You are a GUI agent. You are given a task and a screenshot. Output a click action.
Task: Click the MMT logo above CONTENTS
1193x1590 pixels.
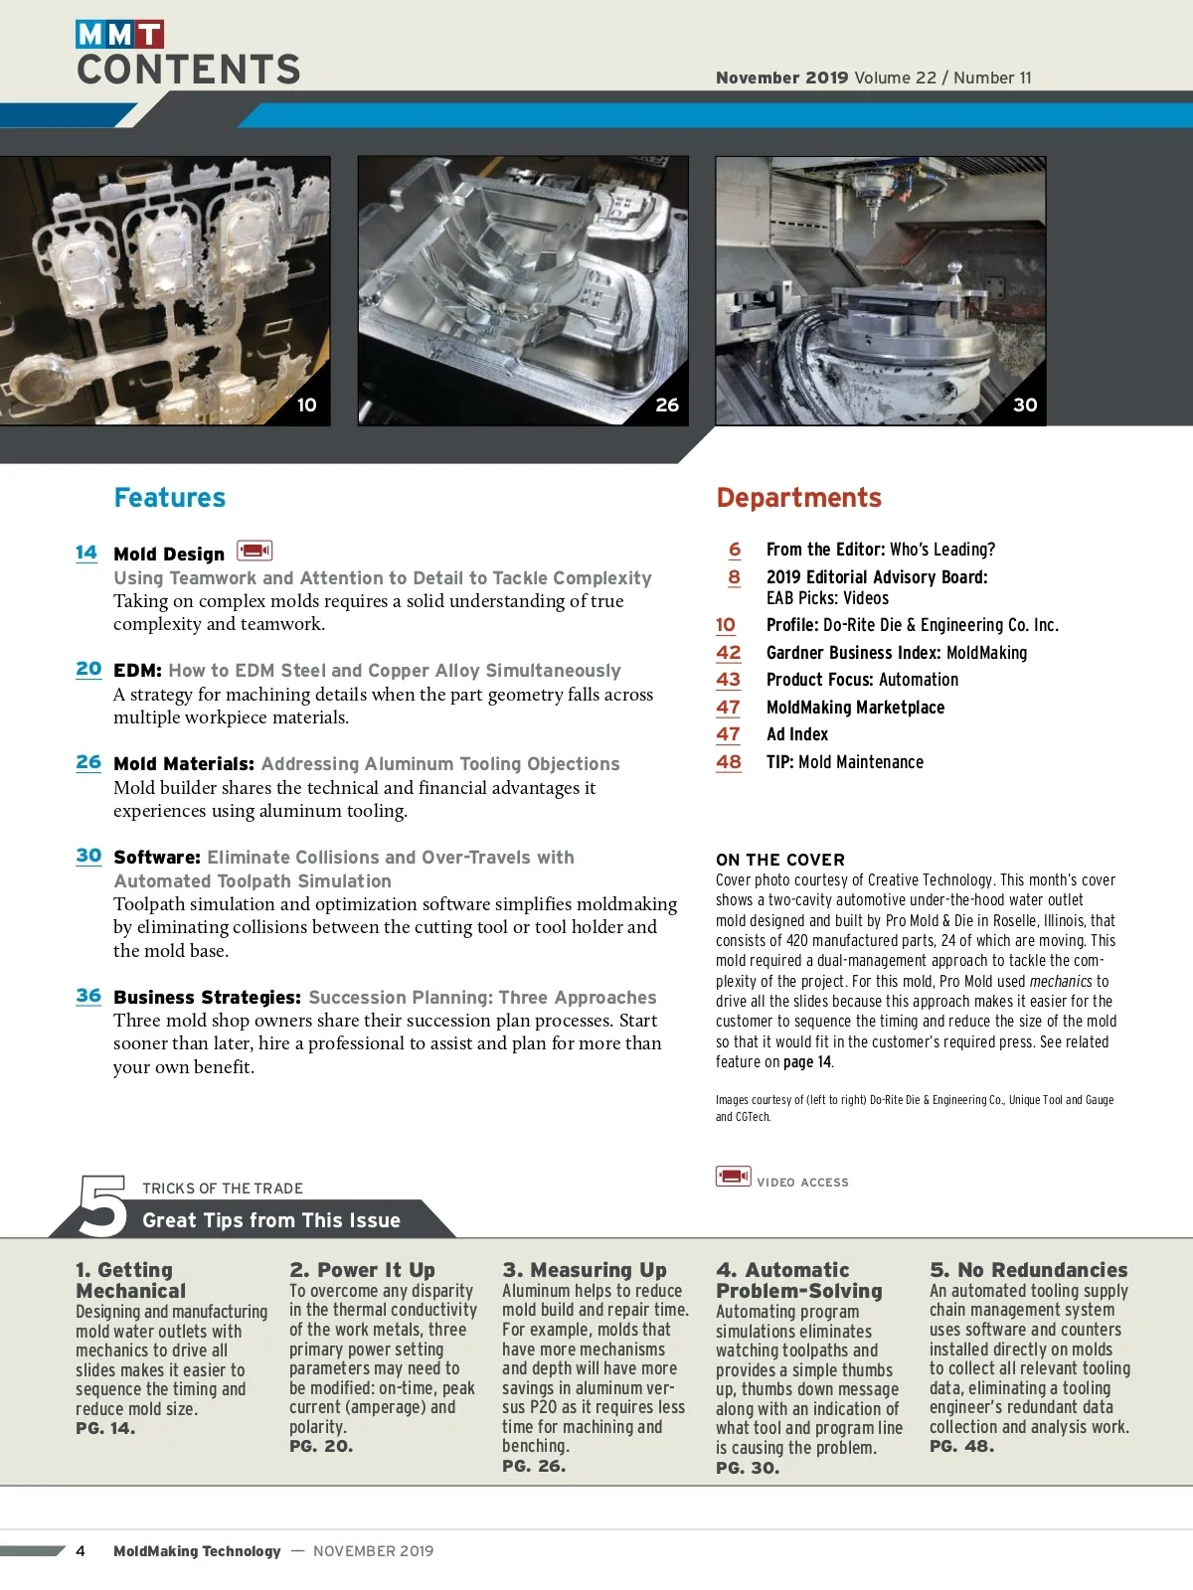(119, 35)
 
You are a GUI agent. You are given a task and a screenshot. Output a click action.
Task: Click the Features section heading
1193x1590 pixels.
(170, 498)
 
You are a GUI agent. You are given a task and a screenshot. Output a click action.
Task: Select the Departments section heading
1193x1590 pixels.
(798, 498)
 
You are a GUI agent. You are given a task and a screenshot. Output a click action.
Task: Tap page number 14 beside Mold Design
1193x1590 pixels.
(86, 553)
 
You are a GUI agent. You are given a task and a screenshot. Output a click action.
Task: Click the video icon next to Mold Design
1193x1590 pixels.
(255, 551)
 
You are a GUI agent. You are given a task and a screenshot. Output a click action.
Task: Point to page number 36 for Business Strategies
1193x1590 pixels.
(88, 996)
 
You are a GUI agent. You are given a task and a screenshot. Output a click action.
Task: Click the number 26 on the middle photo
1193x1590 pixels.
(667, 405)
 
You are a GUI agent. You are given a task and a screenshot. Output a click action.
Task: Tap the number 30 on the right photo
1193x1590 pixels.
(1025, 405)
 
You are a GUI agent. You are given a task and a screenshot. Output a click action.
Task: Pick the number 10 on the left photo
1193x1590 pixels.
(307, 405)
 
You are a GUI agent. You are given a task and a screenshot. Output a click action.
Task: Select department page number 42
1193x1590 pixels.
(729, 653)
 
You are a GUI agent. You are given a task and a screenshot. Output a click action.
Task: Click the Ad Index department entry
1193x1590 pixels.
(797, 734)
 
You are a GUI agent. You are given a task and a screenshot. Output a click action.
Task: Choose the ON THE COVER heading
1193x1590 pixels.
(780, 860)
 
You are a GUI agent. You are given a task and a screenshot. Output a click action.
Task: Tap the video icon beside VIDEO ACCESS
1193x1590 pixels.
(734, 1177)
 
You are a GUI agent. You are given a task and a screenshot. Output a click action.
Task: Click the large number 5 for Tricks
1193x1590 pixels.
(103, 1205)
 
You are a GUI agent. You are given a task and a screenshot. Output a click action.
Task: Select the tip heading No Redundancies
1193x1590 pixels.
(1029, 1270)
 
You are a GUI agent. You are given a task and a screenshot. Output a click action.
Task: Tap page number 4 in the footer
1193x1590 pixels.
(81, 1551)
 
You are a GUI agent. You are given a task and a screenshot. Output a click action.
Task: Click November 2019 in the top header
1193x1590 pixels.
(782, 78)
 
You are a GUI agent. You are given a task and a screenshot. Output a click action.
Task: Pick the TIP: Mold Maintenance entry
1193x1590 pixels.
(845, 762)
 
